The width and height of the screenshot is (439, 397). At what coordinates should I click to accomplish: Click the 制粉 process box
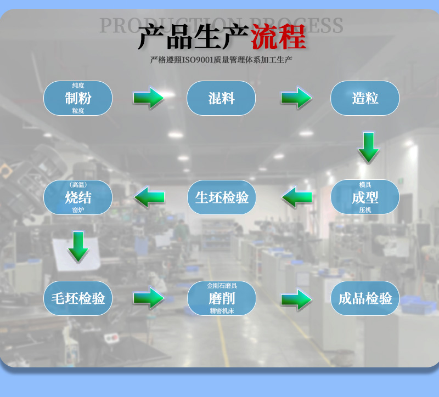click(78, 98)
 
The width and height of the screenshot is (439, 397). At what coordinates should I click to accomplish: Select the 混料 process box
click(221, 98)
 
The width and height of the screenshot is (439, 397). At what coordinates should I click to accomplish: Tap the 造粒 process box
click(365, 98)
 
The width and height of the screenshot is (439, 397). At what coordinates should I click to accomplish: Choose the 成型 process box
click(365, 197)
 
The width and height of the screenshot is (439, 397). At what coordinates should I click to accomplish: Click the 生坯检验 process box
click(222, 197)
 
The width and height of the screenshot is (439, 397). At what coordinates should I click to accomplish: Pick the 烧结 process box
click(78, 197)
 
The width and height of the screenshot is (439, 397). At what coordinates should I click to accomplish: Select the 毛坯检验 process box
click(78, 298)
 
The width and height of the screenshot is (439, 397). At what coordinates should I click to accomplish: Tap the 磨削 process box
click(222, 298)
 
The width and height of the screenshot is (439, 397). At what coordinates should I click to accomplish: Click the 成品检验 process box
click(365, 298)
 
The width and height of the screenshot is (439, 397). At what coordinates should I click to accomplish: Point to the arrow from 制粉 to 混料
click(149, 98)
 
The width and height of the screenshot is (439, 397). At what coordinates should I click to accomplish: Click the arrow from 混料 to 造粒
click(296, 98)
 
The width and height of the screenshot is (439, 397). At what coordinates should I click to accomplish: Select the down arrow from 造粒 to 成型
click(369, 147)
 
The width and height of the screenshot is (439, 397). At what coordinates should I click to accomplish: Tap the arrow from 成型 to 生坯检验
click(297, 197)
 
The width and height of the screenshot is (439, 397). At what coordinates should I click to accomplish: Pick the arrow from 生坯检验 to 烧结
click(149, 197)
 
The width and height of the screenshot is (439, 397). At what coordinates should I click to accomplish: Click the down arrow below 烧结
click(78, 246)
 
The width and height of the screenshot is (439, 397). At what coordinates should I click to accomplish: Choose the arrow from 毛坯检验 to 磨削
click(149, 298)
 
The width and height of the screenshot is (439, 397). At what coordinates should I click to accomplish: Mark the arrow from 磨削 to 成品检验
click(296, 299)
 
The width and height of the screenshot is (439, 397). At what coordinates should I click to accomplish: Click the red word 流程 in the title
click(278, 38)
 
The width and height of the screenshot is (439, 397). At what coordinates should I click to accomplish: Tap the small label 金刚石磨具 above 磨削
click(222, 286)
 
